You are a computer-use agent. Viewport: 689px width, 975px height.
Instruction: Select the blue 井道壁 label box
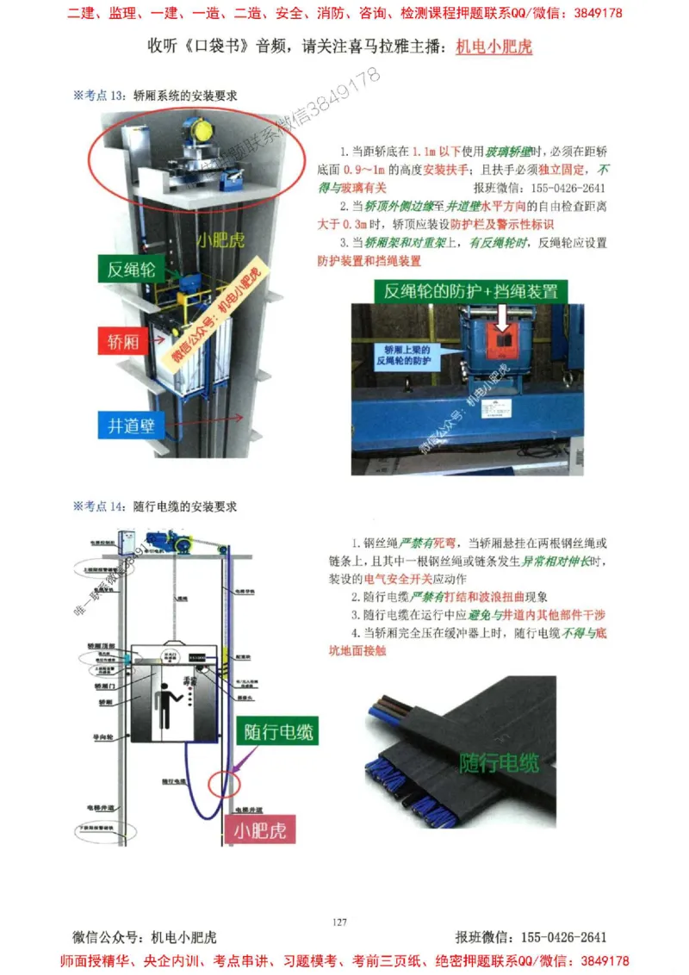(129, 425)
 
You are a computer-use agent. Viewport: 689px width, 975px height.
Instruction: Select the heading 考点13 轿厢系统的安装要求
(155, 96)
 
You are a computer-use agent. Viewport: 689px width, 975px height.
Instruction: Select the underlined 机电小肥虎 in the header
(493, 47)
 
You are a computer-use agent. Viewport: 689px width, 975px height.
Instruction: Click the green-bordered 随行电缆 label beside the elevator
(276, 732)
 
